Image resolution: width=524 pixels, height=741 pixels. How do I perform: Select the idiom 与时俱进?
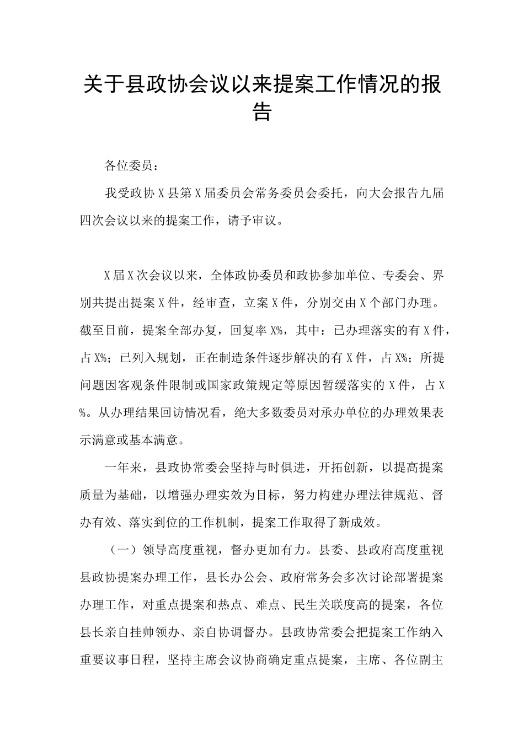tap(281, 468)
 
